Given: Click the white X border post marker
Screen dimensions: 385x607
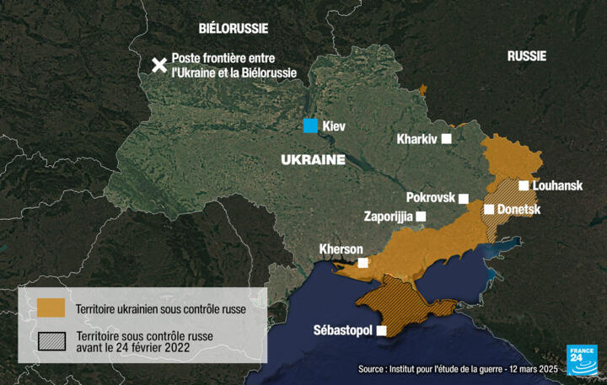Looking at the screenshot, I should (x=158, y=66).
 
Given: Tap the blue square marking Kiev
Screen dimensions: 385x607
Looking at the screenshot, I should (x=311, y=126).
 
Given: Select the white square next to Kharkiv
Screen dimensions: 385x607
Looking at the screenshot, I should (x=446, y=138).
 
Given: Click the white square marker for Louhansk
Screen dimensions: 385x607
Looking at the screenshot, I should (x=524, y=185).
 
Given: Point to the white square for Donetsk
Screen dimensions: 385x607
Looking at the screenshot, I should (x=488, y=209).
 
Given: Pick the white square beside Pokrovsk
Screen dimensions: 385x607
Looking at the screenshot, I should (x=463, y=198).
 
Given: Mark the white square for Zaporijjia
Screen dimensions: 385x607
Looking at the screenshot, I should (x=421, y=216).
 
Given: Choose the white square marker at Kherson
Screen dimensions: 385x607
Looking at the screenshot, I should (x=363, y=263).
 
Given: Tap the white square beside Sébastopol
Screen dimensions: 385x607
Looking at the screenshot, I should (x=381, y=330).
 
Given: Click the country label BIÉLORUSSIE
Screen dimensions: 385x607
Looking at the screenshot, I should (x=234, y=28).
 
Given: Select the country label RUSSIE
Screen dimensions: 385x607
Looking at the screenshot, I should (x=527, y=56).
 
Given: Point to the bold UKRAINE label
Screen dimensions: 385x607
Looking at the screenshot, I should (x=312, y=159).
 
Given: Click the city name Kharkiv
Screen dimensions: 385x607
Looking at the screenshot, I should (x=417, y=139).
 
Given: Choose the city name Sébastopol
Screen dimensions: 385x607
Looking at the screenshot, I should (x=342, y=330).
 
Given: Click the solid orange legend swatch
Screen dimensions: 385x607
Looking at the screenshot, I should (x=51, y=308).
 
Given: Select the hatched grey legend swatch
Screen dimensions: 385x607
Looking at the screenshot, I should (x=51, y=341).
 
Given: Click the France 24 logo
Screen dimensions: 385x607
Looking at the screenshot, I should (x=581, y=360).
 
